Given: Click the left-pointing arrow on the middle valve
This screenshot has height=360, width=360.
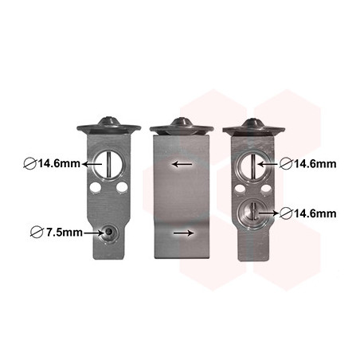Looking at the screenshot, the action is click(182, 164).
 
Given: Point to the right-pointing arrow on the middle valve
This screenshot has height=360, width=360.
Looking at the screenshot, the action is click(183, 233).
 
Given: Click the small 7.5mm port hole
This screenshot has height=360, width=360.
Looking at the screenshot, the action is click(108, 233).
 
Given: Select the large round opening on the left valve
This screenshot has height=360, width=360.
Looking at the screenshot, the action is click(108, 164).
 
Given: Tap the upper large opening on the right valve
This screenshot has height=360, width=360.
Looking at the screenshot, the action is click(253, 166).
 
